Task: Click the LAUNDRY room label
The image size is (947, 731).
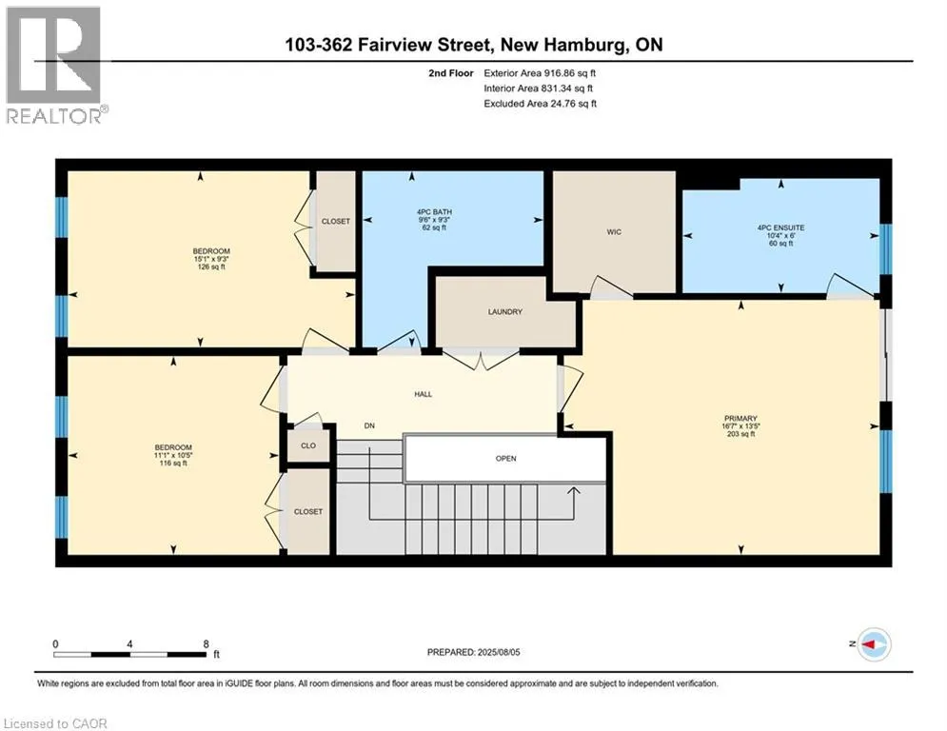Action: (504, 312)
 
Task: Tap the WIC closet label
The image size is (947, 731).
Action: (614, 232)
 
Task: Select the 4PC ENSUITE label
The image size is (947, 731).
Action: (780, 227)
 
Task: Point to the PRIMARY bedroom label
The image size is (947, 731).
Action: (740, 418)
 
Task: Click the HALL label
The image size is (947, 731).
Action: (423, 394)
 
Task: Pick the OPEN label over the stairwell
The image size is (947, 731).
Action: (505, 459)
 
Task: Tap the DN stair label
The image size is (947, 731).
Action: (369, 425)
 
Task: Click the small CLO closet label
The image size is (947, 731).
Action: (308, 445)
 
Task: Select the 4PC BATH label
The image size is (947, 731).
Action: (434, 212)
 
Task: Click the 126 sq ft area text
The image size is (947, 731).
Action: (211, 267)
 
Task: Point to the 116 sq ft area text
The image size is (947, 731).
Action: (173, 464)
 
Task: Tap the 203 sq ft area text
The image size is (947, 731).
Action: (741, 434)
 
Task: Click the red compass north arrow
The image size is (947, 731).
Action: (870, 644)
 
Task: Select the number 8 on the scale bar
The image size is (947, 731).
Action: (206, 644)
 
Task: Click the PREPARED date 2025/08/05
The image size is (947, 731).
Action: (499, 652)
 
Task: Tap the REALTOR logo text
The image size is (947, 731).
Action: (53, 116)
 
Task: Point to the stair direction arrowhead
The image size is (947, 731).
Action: (573, 491)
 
